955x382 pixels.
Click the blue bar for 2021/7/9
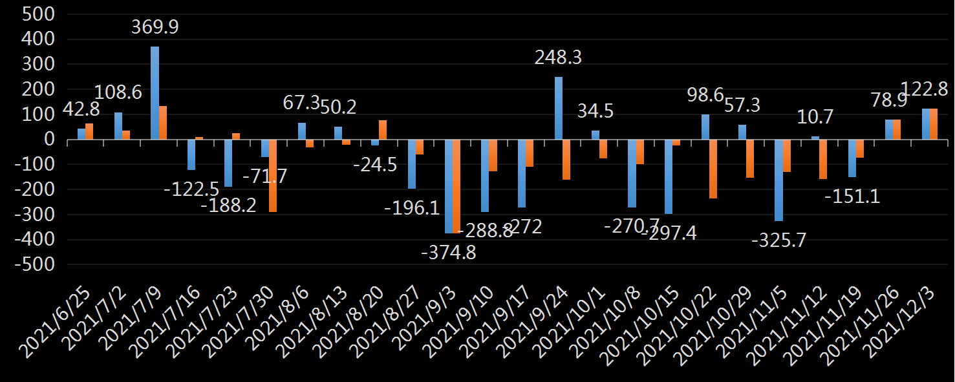pyautogui.click(x=155, y=93)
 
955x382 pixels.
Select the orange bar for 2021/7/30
pyautogui.click(x=273, y=176)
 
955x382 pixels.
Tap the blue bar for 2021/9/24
pyautogui.click(x=559, y=109)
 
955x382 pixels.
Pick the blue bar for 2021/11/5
pyautogui.click(x=778, y=180)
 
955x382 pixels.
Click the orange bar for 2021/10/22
pyautogui.click(x=713, y=169)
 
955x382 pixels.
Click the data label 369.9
pyautogui.click(x=155, y=27)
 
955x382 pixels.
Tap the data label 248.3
pyautogui.click(x=558, y=58)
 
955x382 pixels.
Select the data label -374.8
pyautogui.click(x=448, y=252)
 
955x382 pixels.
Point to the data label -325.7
pyautogui.click(x=778, y=240)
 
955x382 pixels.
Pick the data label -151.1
pyautogui.click(x=852, y=196)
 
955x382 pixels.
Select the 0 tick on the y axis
pyautogui.click(x=49, y=140)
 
